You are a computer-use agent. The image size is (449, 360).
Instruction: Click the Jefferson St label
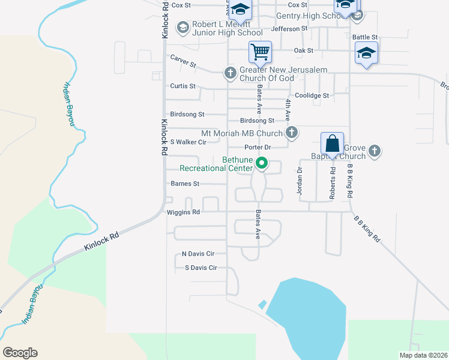(289, 28)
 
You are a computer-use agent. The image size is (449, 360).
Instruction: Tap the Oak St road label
(304, 51)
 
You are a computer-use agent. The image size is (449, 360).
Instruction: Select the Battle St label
(365, 37)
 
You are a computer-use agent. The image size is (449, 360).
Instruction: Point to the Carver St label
(183, 61)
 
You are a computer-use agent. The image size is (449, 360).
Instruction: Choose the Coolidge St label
(312, 95)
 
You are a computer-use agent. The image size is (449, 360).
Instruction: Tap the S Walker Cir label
(188, 142)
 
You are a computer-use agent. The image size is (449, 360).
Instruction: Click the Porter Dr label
(258, 148)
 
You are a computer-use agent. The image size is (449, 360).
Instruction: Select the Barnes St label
(185, 184)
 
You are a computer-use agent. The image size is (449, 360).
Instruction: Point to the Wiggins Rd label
(184, 212)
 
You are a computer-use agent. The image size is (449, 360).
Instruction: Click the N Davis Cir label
(194, 254)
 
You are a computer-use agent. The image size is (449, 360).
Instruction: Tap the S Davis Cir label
(200, 268)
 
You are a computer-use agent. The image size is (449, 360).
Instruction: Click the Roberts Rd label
(332, 182)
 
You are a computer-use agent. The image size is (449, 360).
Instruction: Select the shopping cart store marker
(260, 52)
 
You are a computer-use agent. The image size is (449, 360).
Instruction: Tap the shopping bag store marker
(332, 144)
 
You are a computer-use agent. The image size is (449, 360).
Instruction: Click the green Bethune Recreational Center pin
(262, 163)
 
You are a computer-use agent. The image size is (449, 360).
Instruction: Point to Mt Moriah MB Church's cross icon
(291, 133)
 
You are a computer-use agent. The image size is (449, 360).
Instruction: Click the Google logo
(20, 353)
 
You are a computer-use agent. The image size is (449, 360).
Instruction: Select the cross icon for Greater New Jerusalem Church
(229, 74)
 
